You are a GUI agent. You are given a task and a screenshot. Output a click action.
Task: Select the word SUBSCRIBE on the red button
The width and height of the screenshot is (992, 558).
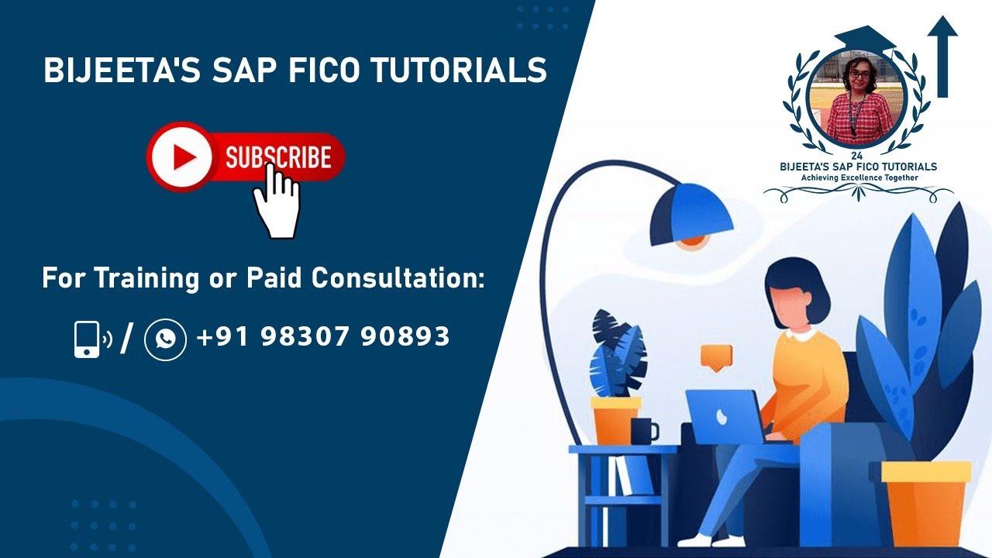coord(278,158)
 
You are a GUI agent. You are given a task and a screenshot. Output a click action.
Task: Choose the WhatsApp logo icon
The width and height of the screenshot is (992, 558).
coord(165,339)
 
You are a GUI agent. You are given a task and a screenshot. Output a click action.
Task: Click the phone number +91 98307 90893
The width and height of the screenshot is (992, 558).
coord(323,336)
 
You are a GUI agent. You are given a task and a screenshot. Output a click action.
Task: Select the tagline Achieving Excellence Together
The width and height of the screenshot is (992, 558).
coord(859,177)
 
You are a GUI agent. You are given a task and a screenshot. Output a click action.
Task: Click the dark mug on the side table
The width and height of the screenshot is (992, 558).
coord(643,431)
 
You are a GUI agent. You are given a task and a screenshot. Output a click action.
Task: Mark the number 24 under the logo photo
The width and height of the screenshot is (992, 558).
coord(856,156)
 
